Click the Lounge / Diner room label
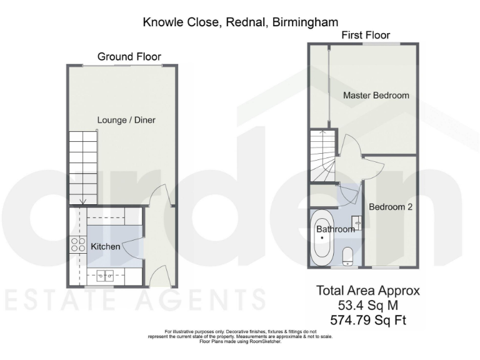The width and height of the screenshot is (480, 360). click(x=126, y=120)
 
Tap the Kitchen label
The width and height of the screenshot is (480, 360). click(x=106, y=247)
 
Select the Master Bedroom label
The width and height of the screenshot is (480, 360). click(x=376, y=96)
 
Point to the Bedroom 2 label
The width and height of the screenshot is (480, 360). click(x=391, y=207)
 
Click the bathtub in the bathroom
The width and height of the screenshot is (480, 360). click(x=322, y=237)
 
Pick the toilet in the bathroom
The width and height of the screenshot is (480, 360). click(x=348, y=255)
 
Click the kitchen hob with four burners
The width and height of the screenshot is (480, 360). click(x=78, y=245)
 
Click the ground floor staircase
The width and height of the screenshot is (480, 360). click(x=83, y=167)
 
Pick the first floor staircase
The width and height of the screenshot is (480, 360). click(x=323, y=156)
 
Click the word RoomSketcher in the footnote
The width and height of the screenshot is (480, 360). click(x=266, y=342)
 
